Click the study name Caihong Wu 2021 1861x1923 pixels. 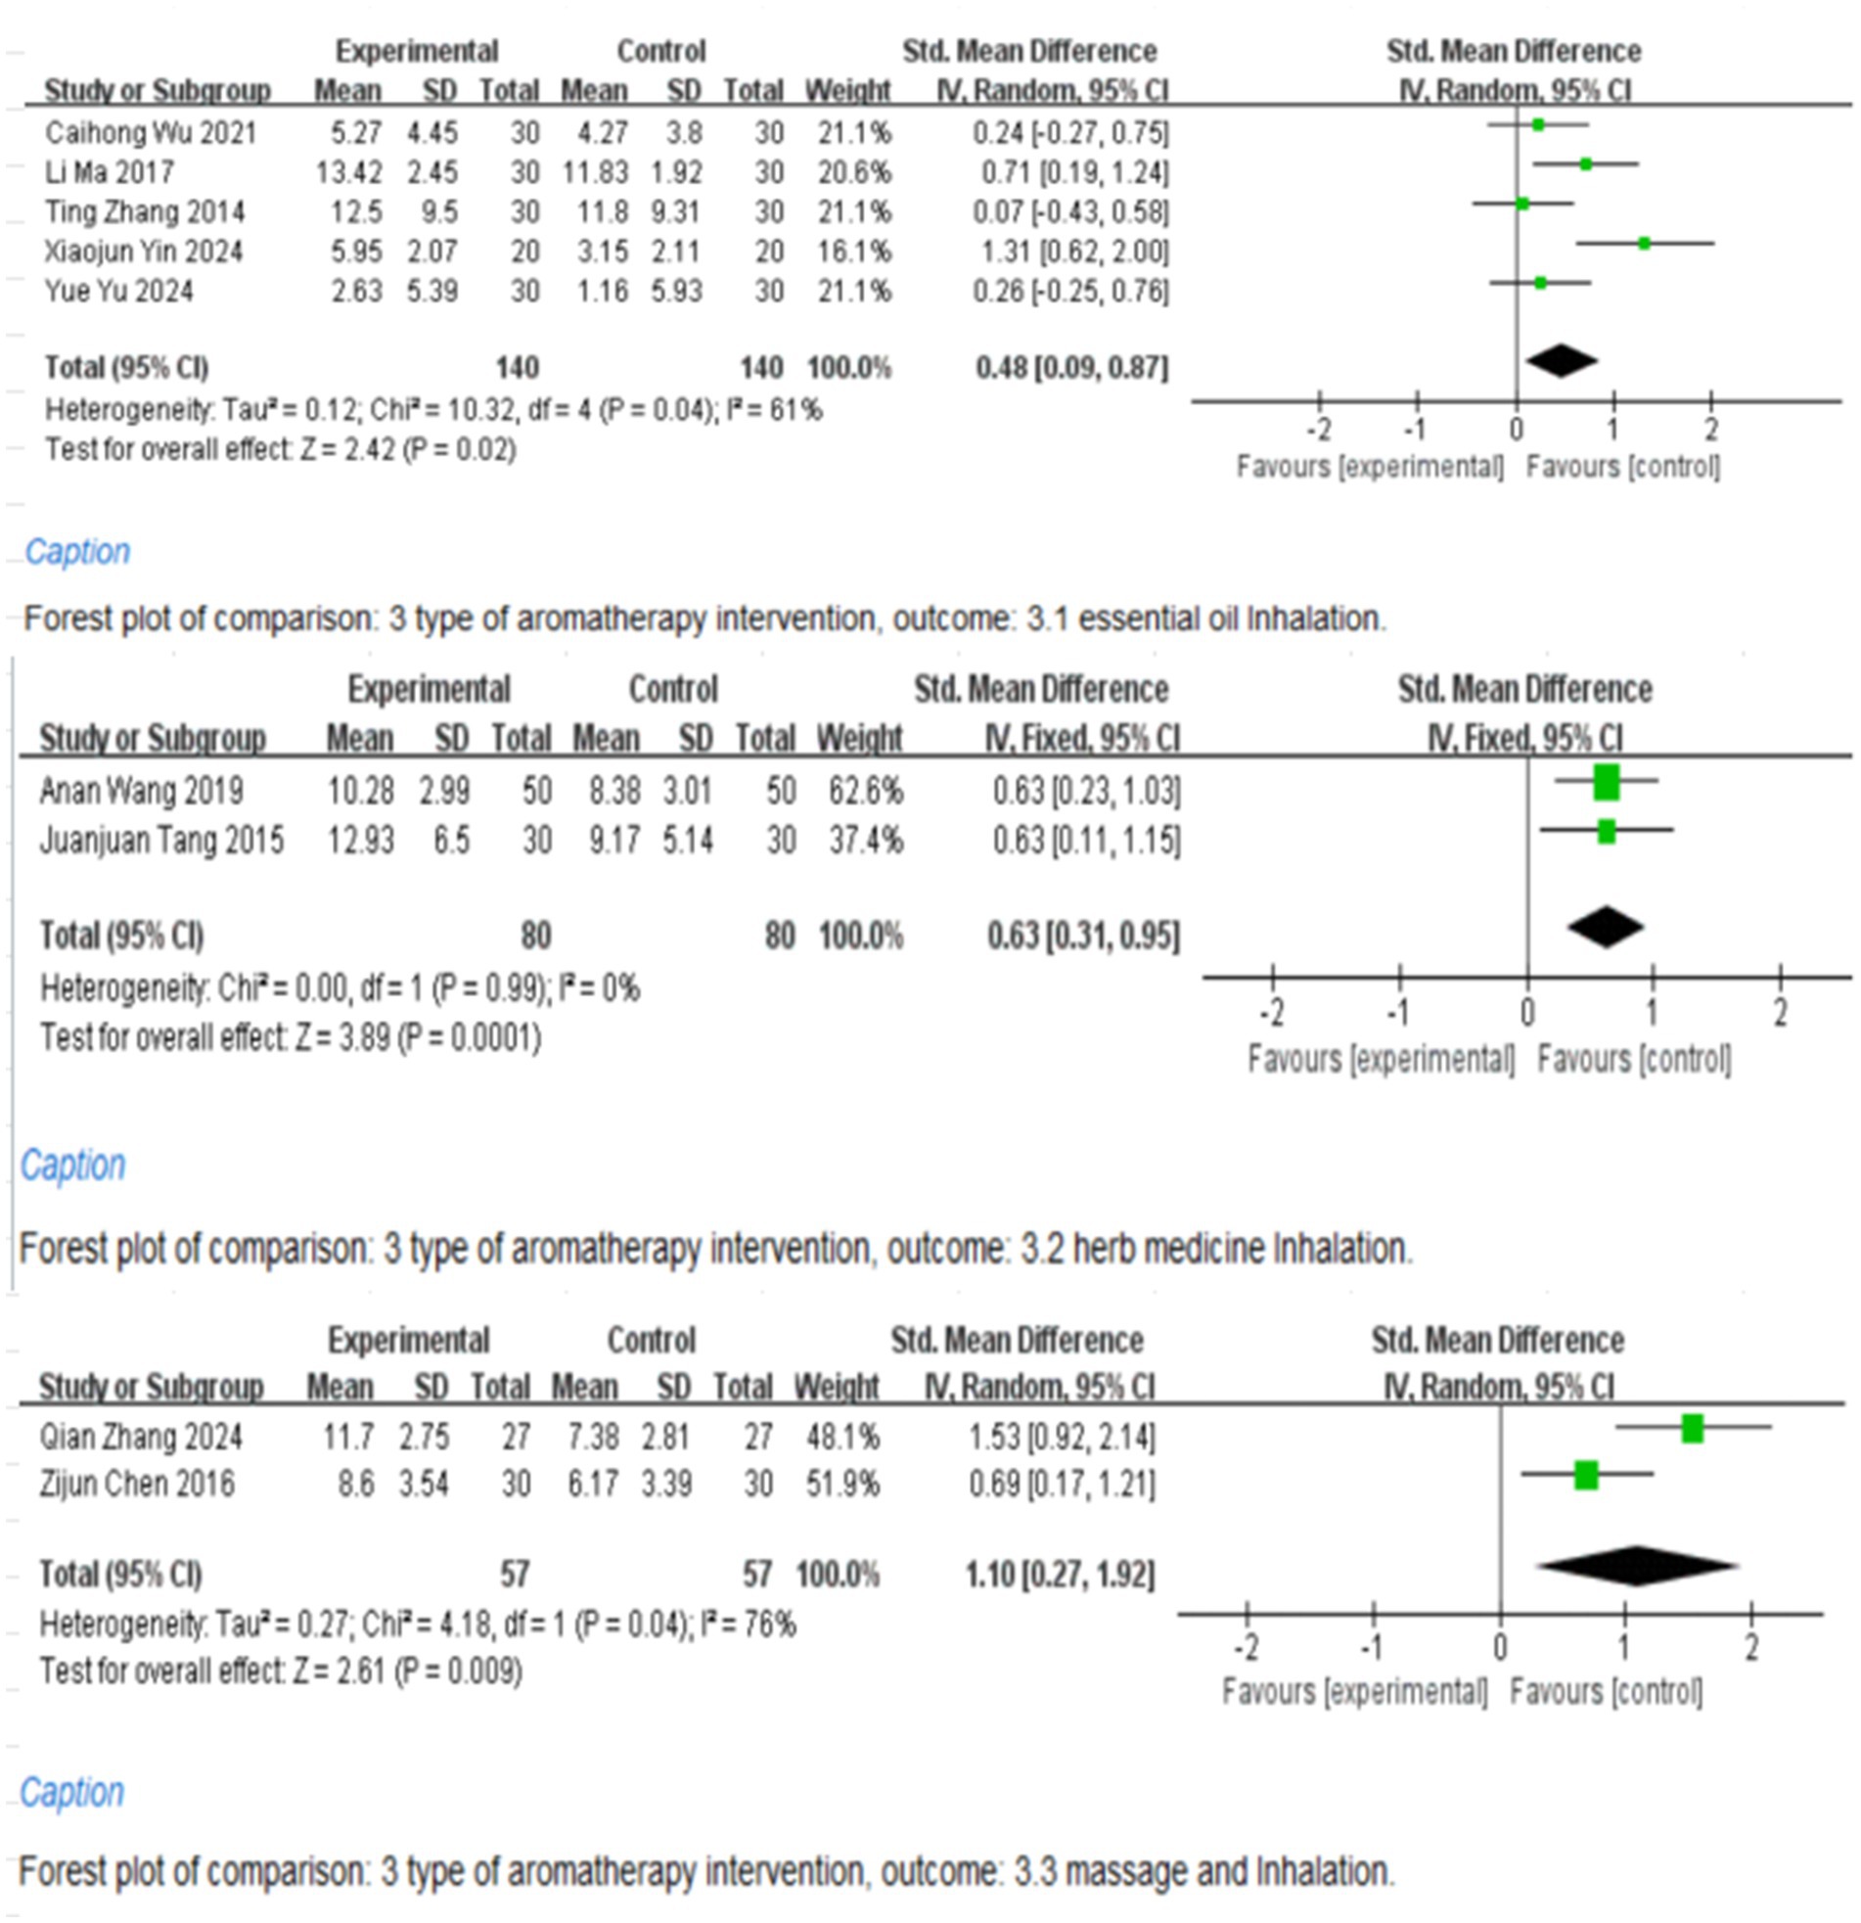click(150, 132)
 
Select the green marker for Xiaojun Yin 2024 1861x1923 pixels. click(1644, 244)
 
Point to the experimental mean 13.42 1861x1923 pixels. click(349, 172)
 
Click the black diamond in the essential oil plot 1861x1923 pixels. click(1562, 361)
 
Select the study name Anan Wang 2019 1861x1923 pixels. click(141, 791)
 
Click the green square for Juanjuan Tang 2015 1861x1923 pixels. click(1606, 831)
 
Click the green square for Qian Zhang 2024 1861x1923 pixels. click(1693, 1429)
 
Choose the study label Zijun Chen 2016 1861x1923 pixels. click(137, 1484)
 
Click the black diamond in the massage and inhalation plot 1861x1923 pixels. click(1635, 1567)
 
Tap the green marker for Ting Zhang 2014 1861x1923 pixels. click(1522, 205)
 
